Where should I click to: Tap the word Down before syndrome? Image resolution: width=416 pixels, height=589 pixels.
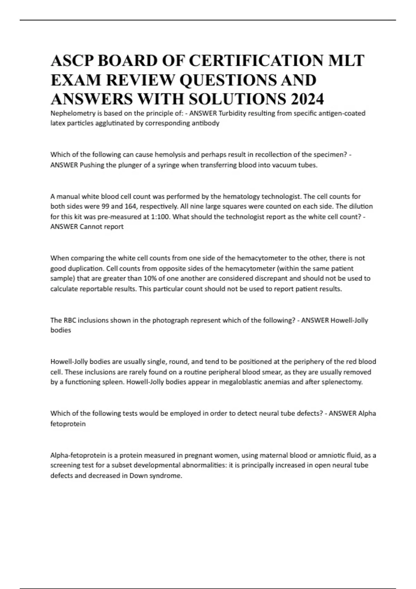point(137,476)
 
